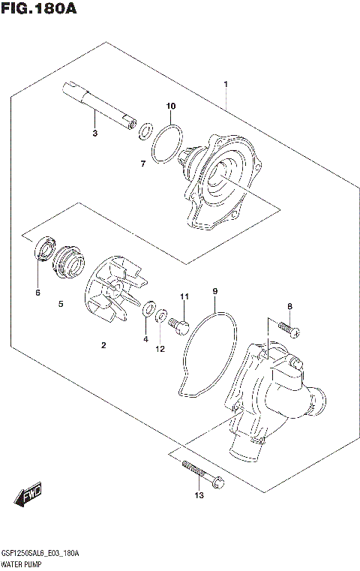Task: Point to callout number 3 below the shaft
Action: [x=95, y=134]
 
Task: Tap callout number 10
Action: [x=170, y=106]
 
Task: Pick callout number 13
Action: [x=199, y=495]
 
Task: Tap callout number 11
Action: [x=181, y=298]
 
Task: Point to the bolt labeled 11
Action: [x=178, y=325]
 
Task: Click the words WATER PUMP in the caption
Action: [x=24, y=562]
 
